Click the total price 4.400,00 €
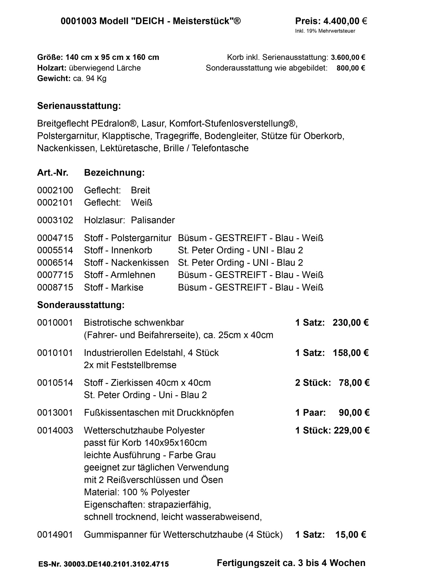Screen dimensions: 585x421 [345, 21]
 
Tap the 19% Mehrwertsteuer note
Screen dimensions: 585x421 [325, 31]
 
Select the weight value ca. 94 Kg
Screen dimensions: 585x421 [90, 78]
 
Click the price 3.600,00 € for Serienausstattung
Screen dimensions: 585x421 [348, 57]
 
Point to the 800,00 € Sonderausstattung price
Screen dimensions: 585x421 [351, 68]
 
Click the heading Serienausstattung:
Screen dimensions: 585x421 [79, 106]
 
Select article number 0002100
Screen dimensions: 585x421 [55, 190]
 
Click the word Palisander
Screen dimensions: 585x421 [153, 220]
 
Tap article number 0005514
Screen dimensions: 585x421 [55, 250]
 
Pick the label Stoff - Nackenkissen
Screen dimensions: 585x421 [126, 263]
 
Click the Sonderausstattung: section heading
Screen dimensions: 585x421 [81, 305]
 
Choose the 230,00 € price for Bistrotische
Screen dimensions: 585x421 [351, 323]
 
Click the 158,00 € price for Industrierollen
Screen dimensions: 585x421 [351, 353]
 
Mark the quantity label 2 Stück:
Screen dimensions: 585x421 [313, 383]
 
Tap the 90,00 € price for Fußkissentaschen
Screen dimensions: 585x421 [354, 413]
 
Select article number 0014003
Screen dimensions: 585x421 [55, 431]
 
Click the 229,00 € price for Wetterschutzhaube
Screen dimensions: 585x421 [351, 431]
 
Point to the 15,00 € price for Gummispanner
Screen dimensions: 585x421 [351, 535]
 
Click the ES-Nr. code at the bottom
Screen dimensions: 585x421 [104, 564]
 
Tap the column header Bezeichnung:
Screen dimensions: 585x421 [114, 173]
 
